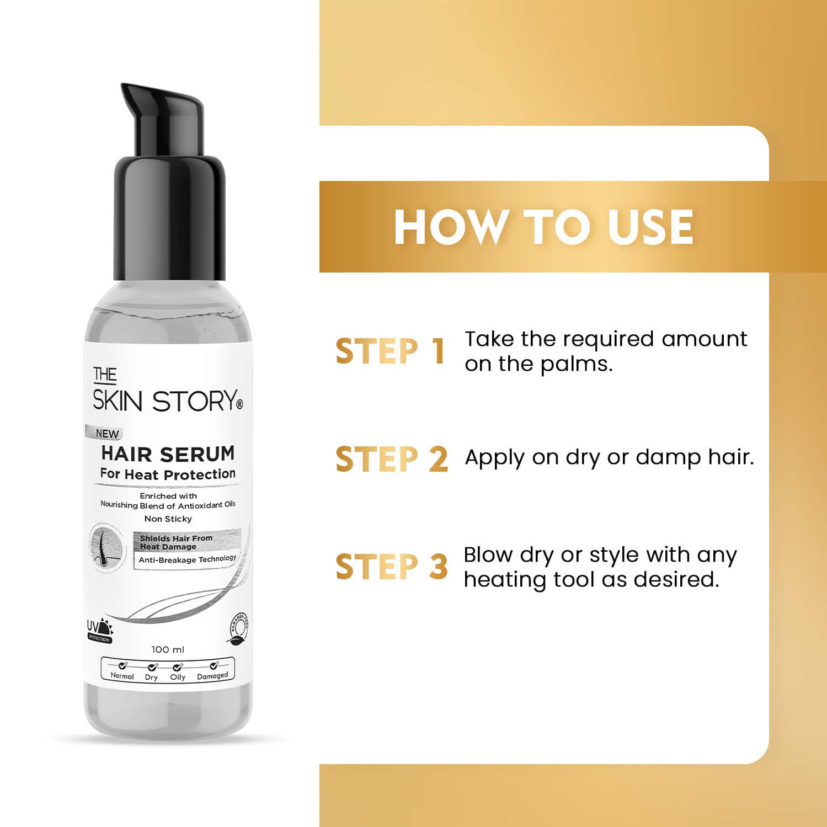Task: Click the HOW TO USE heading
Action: click(x=543, y=227)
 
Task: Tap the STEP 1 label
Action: click(x=390, y=351)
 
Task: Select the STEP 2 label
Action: click(x=391, y=459)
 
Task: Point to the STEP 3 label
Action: click(x=391, y=567)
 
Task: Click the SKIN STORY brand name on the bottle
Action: click(x=167, y=401)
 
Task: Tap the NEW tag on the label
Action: click(x=106, y=434)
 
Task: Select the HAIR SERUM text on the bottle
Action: click(x=168, y=454)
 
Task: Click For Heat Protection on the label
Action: click(x=168, y=474)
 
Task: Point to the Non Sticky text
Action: click(x=168, y=519)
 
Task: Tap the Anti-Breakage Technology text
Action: click(x=187, y=559)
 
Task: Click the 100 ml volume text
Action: click(x=168, y=649)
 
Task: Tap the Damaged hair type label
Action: click(x=212, y=676)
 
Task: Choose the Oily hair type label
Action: click(x=178, y=676)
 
